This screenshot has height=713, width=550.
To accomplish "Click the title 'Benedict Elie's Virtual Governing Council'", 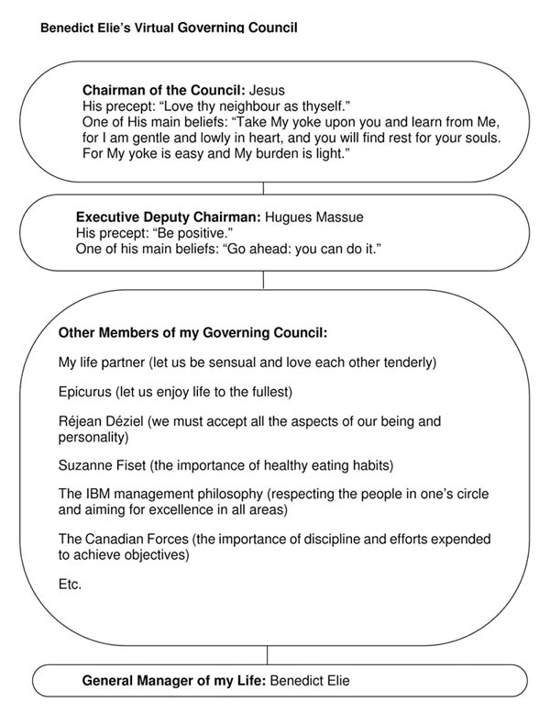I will [x=169, y=28].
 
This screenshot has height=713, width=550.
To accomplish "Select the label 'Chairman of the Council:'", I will [x=163, y=91].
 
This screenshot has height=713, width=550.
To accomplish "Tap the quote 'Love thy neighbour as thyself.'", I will [x=250, y=106].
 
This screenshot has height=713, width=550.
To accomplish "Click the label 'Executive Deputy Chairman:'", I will [x=168, y=218].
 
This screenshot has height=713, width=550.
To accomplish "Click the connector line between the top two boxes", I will [x=263, y=189].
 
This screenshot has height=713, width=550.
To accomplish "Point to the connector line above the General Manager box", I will [x=268, y=655].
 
